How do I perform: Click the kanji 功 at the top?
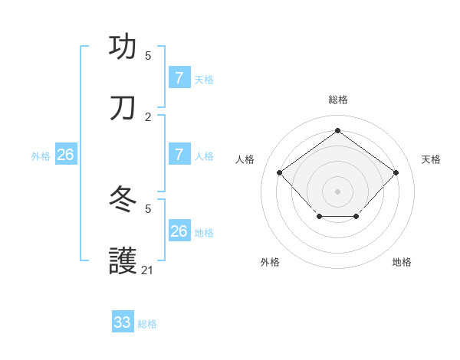pos(123,46)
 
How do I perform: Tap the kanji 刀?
pos(123,108)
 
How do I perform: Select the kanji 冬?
pos(123,199)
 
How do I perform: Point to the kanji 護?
pos(123,261)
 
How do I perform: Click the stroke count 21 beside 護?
pos(147,270)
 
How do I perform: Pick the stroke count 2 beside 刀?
pos(148,116)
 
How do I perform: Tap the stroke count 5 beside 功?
pos(148,55)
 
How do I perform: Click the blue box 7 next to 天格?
pos(179,78)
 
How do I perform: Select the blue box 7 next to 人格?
pos(179,155)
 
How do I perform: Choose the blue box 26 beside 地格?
pos(179,231)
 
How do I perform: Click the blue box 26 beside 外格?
pos(65,155)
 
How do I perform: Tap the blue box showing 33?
pos(122,322)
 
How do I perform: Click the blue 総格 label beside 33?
pos(148,324)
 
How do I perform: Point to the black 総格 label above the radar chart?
pos(337,100)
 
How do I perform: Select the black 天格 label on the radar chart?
pos(432,159)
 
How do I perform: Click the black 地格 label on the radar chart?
pos(402,262)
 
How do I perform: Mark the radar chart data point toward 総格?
pos(337,130)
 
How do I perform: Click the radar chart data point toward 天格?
pos(396,172)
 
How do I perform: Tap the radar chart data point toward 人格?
pos(280,172)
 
